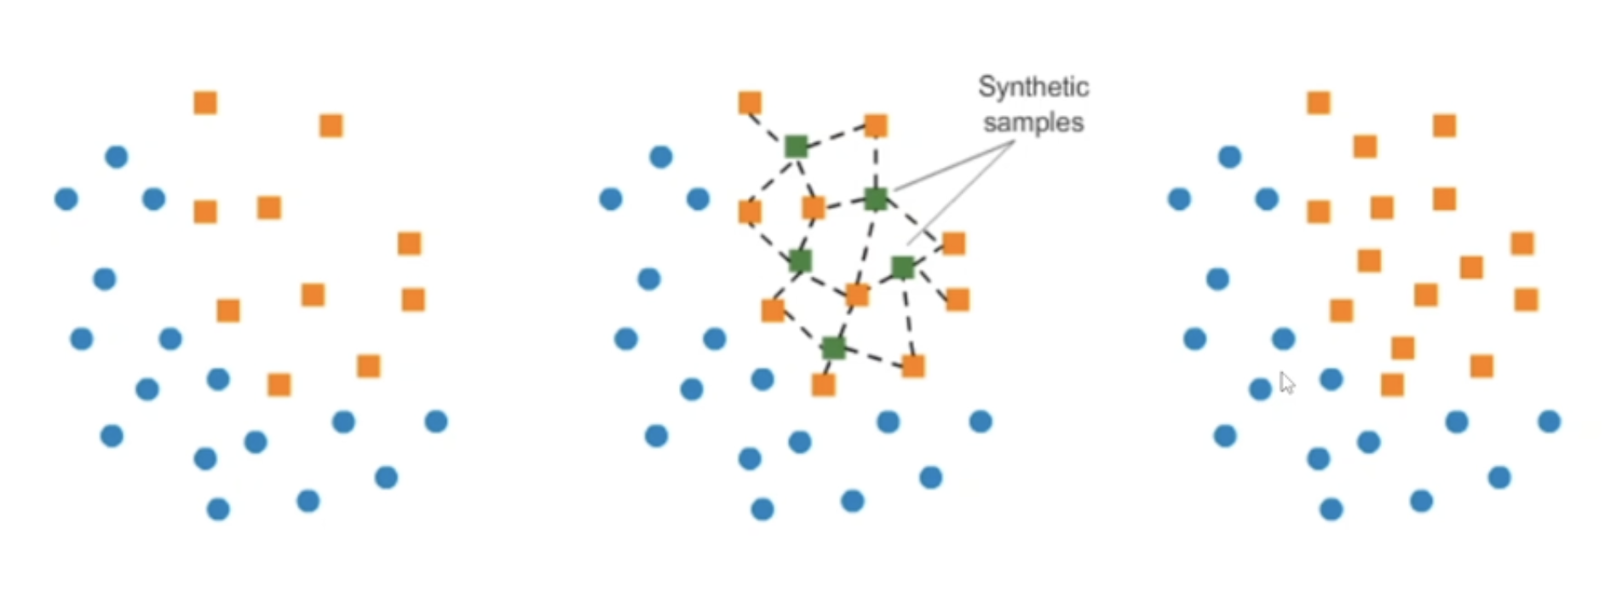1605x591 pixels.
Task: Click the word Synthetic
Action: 1033,87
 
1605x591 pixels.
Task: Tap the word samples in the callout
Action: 1033,123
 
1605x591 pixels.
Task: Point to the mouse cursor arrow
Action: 1286,382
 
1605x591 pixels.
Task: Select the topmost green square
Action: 796,146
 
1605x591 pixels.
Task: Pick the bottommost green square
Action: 833,347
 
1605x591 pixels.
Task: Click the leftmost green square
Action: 796,146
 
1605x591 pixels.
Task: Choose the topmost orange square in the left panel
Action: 205,103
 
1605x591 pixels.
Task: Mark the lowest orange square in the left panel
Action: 279,385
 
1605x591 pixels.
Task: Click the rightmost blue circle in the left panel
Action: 436,422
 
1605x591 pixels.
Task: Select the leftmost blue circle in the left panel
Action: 66,199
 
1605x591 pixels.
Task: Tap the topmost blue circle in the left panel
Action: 117,157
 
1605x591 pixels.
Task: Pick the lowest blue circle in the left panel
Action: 218,509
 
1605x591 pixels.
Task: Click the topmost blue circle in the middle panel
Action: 661,157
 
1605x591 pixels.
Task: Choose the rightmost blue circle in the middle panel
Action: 981,422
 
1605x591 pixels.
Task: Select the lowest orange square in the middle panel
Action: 824,385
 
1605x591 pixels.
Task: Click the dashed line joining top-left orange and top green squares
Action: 771,123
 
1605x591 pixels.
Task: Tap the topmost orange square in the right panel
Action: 1319,103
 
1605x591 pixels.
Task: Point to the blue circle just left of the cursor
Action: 1260,390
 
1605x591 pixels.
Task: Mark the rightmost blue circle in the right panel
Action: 1550,422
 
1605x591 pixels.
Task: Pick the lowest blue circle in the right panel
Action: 1332,509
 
